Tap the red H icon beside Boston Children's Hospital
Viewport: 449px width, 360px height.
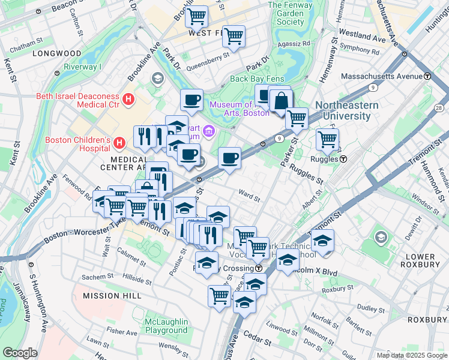(x=119, y=143)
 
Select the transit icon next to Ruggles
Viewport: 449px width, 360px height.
(x=343, y=160)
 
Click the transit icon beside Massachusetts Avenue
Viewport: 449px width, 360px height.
(x=427, y=76)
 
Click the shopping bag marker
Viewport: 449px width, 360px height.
(x=280, y=101)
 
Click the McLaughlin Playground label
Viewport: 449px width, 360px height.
(x=166, y=326)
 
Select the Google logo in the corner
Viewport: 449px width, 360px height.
(x=20, y=353)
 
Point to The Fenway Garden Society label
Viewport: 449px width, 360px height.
(x=286, y=13)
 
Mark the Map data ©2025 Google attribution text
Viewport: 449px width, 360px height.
(x=411, y=355)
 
